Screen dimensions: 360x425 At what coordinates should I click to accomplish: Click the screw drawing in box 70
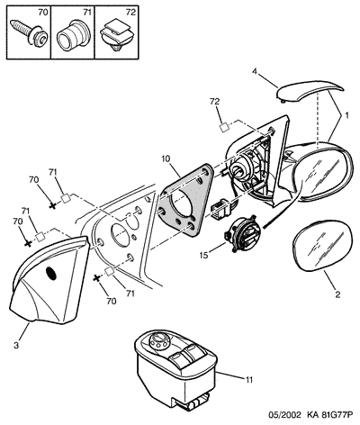pos(28,32)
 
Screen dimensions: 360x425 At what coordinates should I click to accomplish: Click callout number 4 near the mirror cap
pos(255,72)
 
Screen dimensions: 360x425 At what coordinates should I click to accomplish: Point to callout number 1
pos(346,115)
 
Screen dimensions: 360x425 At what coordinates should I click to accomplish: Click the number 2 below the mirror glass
pos(337,294)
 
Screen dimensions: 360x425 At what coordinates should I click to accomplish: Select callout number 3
pos(16,345)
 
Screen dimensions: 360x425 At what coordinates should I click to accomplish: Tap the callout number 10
pos(166,158)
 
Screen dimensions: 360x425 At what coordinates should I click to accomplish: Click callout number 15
pos(204,255)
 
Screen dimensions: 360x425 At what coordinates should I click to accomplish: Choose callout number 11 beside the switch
pos(249,380)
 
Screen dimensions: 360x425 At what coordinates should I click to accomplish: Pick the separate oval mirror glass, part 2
pos(320,245)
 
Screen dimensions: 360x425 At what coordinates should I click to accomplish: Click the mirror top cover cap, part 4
pos(309,91)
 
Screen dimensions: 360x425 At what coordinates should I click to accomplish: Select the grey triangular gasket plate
pos(184,201)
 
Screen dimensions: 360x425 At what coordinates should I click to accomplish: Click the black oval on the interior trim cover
pos(51,274)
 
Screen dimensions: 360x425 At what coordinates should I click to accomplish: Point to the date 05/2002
pos(284,415)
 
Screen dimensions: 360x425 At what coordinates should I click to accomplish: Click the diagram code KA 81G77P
pos(329,415)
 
